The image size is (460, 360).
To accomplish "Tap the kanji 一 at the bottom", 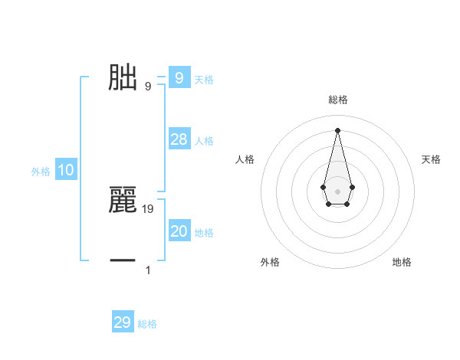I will pyautogui.click(x=123, y=261).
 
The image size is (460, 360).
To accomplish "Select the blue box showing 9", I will pyautogui.click(x=179, y=78).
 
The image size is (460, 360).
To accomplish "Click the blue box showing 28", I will pyautogui.click(x=179, y=139).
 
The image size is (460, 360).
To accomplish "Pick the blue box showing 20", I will pyautogui.click(x=179, y=231).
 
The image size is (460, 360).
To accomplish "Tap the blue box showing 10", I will pyautogui.click(x=66, y=171).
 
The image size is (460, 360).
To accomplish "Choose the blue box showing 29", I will pyautogui.click(x=123, y=322).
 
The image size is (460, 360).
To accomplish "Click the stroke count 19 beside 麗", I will pyautogui.click(x=148, y=208).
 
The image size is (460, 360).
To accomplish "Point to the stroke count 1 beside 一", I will pyautogui.click(x=148, y=270).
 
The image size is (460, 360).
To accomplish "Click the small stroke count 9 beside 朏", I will pyautogui.click(x=148, y=86).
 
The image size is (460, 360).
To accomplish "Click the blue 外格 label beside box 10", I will pyautogui.click(x=41, y=172).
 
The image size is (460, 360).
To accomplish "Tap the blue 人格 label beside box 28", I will pyautogui.click(x=204, y=141).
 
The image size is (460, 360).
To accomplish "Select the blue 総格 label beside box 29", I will pyautogui.click(x=147, y=324).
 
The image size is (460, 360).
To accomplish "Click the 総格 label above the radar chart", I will pyautogui.click(x=338, y=100).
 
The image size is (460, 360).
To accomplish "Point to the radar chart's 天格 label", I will pyautogui.click(x=432, y=159).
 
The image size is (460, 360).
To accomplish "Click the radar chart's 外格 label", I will pyautogui.click(x=270, y=262).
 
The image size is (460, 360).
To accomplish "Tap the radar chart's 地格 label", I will pyautogui.click(x=402, y=262).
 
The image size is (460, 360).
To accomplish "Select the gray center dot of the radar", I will pyautogui.click(x=337, y=191).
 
